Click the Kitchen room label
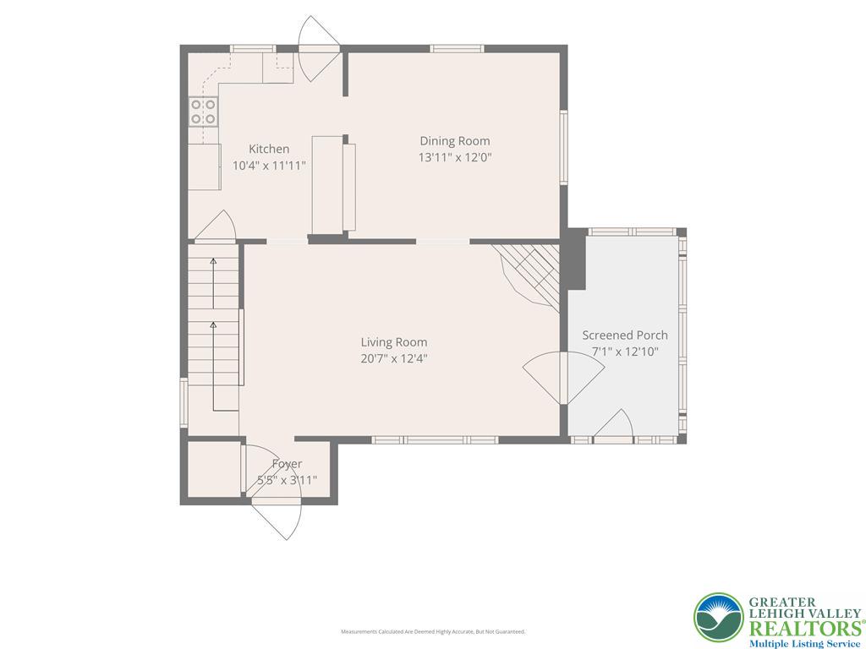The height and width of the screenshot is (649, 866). (268, 149)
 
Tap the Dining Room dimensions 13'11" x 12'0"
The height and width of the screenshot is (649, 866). (454, 157)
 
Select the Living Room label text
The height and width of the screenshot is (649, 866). (393, 342)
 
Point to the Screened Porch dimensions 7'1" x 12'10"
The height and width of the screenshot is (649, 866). (624, 352)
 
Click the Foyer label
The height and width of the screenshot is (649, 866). (287, 464)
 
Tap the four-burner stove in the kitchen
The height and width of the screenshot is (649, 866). (204, 112)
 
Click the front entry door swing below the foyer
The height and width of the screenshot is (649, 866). (279, 516)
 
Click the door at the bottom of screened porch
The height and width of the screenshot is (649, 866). (615, 425)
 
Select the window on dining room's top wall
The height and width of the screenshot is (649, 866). (457, 49)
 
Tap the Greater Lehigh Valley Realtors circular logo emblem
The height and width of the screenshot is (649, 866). (718, 618)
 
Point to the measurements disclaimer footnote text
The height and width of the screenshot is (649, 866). (432, 631)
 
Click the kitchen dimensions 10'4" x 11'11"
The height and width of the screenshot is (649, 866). (269, 166)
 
